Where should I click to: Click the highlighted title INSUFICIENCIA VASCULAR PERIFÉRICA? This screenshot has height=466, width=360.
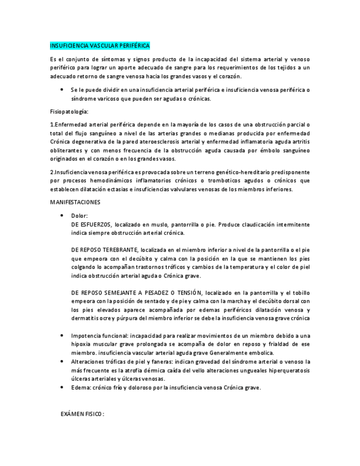[99, 46]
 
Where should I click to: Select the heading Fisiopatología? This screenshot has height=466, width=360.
[69, 112]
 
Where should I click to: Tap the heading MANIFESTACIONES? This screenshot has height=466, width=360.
[75, 202]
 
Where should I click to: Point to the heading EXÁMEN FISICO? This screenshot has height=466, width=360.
[82, 413]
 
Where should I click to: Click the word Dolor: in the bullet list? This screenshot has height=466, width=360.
[79, 216]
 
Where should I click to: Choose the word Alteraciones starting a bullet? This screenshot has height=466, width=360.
[87, 362]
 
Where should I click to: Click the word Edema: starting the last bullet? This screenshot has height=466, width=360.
[80, 387]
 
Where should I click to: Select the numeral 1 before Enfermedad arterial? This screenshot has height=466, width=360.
[51, 125]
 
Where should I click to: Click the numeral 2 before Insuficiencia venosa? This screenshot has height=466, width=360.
[51, 172]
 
